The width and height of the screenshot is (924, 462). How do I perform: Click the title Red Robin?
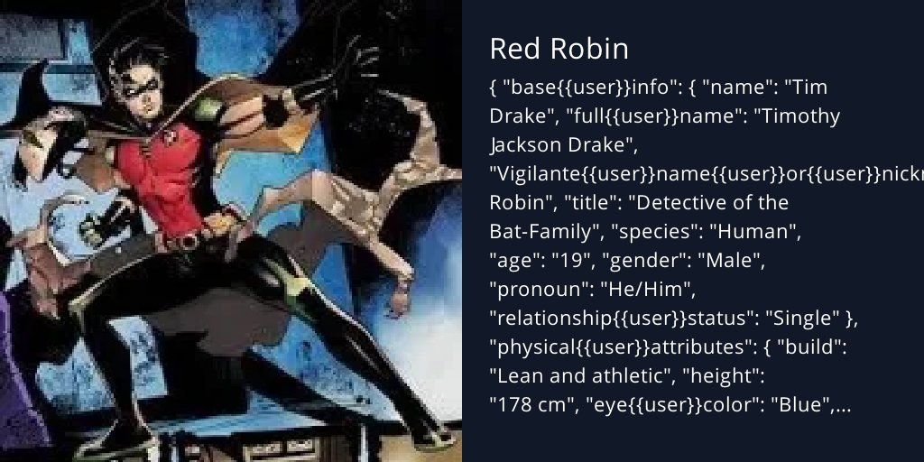click(559, 49)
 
